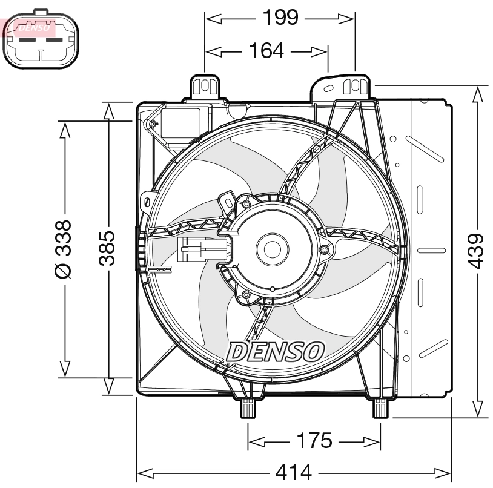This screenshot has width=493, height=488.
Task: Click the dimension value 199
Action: click(x=280, y=18)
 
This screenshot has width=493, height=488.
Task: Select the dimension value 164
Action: click(x=266, y=51)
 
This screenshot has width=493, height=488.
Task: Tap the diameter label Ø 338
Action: click(x=63, y=248)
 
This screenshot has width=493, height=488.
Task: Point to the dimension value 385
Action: click(x=108, y=248)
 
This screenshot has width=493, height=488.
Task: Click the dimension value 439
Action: click(x=478, y=251)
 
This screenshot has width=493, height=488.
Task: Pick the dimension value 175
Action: click(x=314, y=441)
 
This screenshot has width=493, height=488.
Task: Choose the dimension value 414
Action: click(x=294, y=471)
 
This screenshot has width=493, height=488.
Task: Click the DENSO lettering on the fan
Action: click(x=276, y=351)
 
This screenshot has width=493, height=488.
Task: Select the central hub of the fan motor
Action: click(x=270, y=248)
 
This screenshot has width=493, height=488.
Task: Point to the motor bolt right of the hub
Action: click(x=324, y=249)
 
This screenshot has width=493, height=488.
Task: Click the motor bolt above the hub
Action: click(x=247, y=204)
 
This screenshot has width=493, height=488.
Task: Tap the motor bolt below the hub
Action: click(x=246, y=294)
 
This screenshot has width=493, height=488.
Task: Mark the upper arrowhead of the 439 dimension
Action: click(x=478, y=93)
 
